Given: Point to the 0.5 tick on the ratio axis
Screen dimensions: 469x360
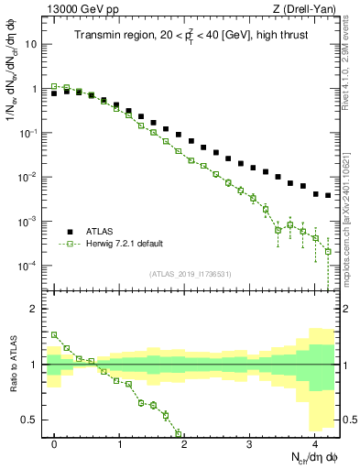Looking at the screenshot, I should pos(31,420).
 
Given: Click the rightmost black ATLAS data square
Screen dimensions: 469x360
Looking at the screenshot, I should pos(328,195).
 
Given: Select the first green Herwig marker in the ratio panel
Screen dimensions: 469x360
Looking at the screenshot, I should pos(54,335).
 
